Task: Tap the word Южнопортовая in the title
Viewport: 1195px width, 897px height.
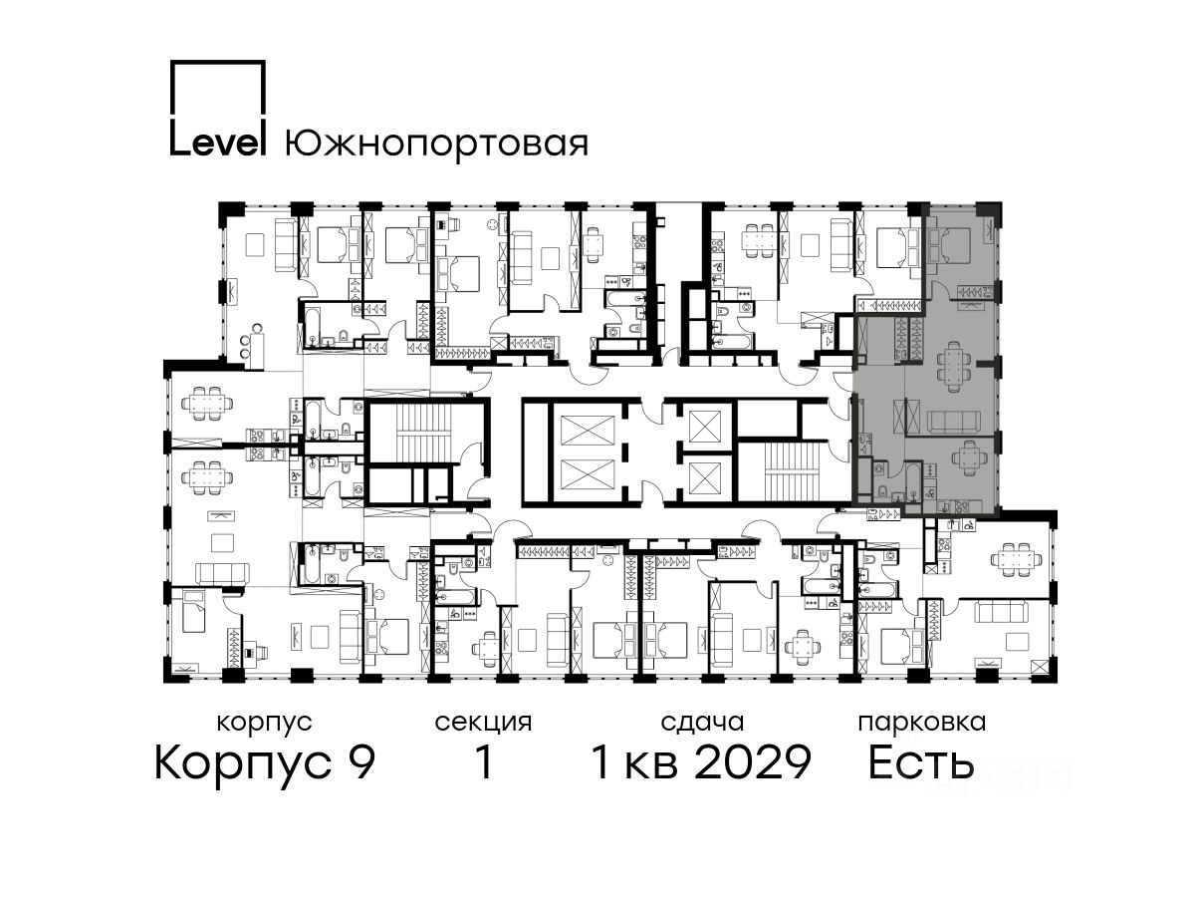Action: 436,144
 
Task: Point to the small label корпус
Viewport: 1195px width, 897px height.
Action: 264,723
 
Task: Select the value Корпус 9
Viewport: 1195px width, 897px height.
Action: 265,762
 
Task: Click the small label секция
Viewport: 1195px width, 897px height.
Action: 483,723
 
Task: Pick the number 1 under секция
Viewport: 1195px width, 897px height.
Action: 483,761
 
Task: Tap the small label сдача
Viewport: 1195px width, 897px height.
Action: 702,723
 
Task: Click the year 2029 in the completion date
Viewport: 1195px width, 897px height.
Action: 754,761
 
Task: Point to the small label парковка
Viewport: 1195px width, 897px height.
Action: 922,723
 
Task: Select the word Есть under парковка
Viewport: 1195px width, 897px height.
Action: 920,761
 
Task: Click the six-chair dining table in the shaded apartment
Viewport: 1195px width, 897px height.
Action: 953,367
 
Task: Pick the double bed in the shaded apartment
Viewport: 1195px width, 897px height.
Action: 949,246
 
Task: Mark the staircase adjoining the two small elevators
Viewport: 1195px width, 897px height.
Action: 792,471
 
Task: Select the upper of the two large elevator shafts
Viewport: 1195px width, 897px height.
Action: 587,432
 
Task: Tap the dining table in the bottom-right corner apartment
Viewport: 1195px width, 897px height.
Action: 1016,558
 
